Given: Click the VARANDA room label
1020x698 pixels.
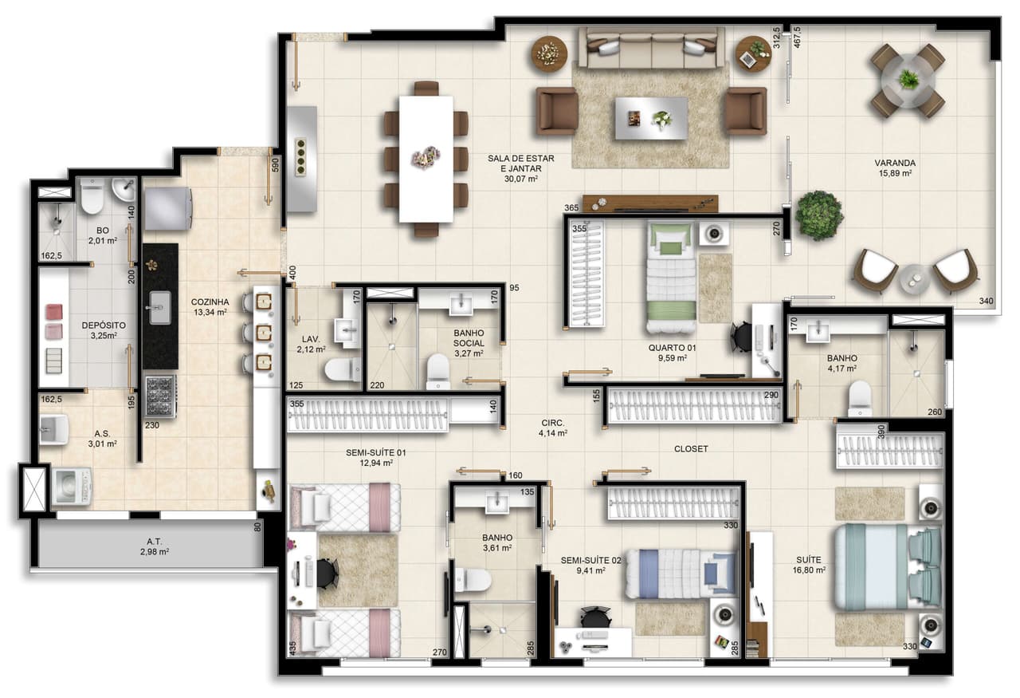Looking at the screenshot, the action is pos(895,163).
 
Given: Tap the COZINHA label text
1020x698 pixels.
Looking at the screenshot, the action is pos(210,302).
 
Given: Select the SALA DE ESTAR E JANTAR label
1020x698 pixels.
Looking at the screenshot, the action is pos(521,164).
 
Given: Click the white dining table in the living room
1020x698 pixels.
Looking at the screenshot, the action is pos(426,159).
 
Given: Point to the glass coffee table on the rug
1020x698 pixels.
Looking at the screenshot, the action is pos(651,117).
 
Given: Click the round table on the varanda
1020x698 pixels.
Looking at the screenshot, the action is pos(908,81).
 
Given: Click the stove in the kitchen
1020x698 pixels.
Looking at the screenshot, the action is pos(160,396).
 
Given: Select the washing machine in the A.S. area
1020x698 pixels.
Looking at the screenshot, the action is pos(72,487).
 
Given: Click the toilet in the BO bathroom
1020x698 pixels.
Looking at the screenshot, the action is pos(92,196).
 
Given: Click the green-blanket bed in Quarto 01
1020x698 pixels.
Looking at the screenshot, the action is pos(672,277).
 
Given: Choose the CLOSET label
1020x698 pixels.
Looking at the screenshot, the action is pos(691,448).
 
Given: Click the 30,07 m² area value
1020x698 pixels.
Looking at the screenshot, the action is pos(521,179).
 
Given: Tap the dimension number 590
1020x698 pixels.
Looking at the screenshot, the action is pos(275,164).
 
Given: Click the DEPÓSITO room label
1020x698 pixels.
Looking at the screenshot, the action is pos(104,325).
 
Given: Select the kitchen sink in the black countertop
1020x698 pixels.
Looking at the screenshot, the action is pos(160,307).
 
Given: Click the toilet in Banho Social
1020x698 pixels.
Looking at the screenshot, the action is pos(438,370).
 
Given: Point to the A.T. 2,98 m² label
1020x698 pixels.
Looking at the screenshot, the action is pos(155,546).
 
